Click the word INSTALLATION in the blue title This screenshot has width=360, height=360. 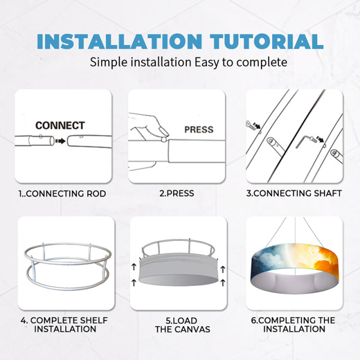click(x=119, y=42)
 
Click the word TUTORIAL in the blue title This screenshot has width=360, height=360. click(x=267, y=42)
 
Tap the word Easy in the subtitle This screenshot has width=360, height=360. click(x=206, y=62)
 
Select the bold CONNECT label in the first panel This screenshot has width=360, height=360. click(x=60, y=125)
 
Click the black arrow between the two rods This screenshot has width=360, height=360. click(x=60, y=141)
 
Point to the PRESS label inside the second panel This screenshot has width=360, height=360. click(x=199, y=130)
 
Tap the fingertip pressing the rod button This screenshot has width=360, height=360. click(x=165, y=133)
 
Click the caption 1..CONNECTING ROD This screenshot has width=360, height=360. click(x=62, y=193)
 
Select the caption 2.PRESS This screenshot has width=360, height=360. click(x=177, y=193)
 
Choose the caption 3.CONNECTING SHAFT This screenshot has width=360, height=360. click(x=294, y=193)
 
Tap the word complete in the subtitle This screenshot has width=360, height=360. click(x=262, y=62)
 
